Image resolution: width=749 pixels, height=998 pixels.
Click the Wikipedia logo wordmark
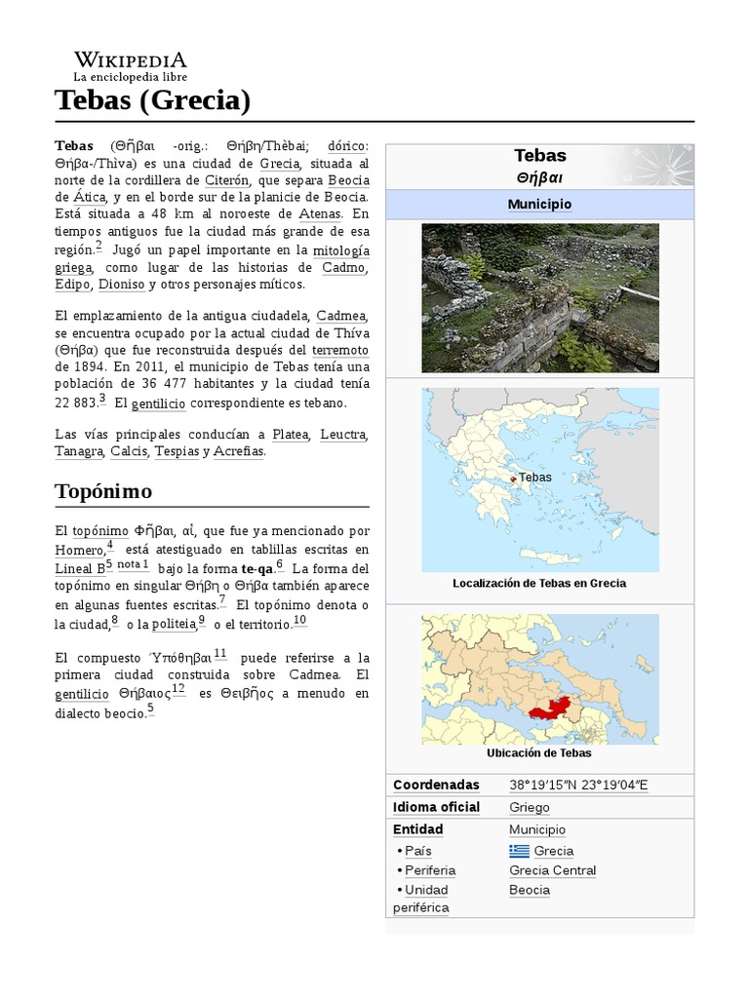[x=131, y=59]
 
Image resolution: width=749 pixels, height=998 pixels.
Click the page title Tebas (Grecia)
[x=153, y=99]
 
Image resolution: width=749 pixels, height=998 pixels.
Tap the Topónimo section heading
[x=103, y=490]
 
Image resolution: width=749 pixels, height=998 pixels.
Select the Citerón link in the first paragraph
[x=228, y=180]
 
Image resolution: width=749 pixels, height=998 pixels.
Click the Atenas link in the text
[x=320, y=213]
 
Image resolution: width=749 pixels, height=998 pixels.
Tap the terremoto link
[x=340, y=349]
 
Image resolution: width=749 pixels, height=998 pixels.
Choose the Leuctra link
[x=344, y=434]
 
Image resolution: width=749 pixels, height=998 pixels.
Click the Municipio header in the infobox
[x=539, y=204]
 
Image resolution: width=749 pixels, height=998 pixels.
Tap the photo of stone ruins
[x=539, y=297]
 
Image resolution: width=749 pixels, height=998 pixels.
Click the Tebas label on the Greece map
[x=535, y=477]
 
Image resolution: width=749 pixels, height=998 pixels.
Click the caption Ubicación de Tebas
[x=538, y=752]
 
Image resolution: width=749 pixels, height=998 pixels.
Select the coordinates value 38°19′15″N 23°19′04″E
[x=578, y=785]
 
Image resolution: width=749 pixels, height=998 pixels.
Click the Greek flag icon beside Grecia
[x=519, y=851]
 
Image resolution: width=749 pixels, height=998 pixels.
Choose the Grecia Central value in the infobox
[x=552, y=870]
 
